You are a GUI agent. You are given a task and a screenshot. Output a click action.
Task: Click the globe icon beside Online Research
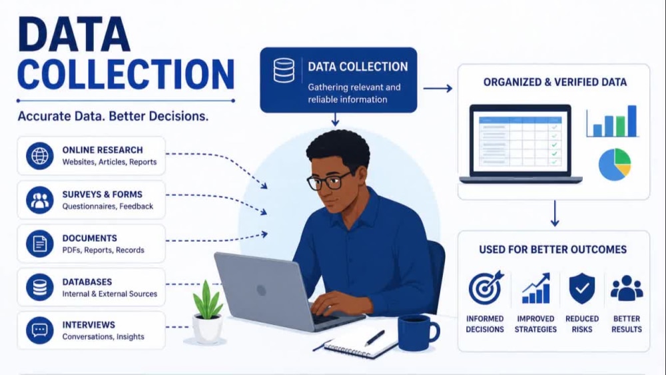pos(39,156)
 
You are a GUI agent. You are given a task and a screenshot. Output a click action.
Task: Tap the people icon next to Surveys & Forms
pos(39,200)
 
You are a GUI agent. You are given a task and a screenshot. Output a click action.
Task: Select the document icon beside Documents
pos(39,244)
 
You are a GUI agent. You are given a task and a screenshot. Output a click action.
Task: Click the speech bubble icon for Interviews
pos(39,330)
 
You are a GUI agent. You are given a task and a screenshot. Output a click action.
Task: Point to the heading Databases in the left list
pos(87,282)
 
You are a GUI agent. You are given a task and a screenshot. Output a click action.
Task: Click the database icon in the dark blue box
pos(284,71)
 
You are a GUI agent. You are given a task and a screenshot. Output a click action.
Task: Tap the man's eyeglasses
pos(328,181)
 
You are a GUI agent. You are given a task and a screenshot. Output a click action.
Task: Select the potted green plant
pos(208,312)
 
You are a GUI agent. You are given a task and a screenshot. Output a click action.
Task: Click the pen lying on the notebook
pos(374,338)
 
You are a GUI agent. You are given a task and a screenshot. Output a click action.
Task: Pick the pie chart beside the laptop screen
pos(615,165)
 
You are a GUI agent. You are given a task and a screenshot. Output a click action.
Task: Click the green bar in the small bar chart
pos(621,126)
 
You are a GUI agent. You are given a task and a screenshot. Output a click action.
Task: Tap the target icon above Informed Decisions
pos(486,288)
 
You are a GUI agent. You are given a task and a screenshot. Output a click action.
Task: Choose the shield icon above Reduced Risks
pos(582,288)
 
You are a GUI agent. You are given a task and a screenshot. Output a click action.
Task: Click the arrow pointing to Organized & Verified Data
pos(438,89)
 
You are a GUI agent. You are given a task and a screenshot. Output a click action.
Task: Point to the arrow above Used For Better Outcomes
pos(554,214)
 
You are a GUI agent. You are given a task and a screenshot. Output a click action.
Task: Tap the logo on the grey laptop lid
pos(262,290)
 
